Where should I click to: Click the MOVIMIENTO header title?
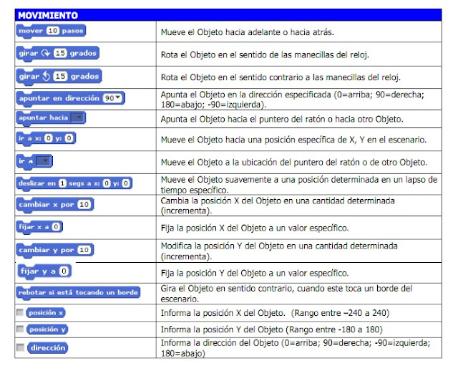click(x=48, y=15)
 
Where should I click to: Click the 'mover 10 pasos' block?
click(x=50, y=32)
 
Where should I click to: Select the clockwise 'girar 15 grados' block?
click(x=57, y=54)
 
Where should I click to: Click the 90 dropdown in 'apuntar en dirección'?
click(x=112, y=98)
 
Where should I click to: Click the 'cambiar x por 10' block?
click(x=54, y=205)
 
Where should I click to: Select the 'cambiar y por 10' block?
click(x=54, y=250)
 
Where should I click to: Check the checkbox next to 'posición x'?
click(x=19, y=312)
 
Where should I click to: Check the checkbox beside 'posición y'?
click(x=19, y=329)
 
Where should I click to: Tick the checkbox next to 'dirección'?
click(x=19, y=347)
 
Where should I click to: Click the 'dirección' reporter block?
click(x=47, y=348)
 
